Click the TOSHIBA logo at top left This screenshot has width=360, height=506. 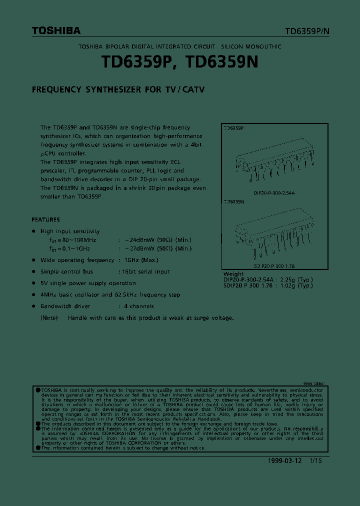click(x=56, y=31)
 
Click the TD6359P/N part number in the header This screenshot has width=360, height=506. click(x=307, y=31)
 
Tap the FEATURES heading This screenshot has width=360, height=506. click(x=45, y=219)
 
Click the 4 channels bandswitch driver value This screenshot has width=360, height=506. click(x=138, y=306)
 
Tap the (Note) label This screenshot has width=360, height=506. click(x=49, y=318)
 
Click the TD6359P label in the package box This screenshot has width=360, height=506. click(x=233, y=128)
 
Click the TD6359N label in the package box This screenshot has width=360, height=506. click(x=233, y=202)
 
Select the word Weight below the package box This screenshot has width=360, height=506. click(x=233, y=274)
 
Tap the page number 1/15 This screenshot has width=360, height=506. click(x=315, y=461)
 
